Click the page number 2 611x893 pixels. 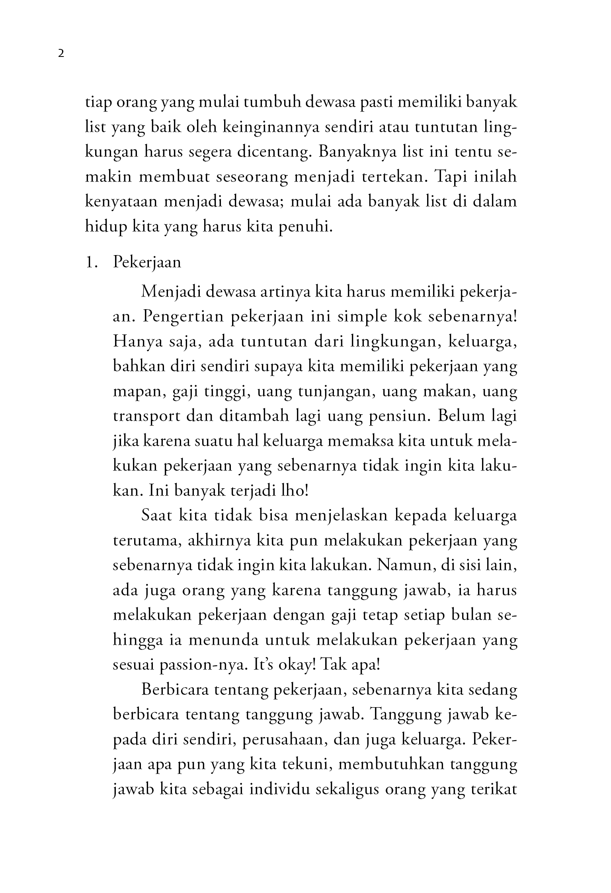click(61, 54)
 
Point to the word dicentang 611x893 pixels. click(274, 152)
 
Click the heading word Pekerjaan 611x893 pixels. click(147, 263)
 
